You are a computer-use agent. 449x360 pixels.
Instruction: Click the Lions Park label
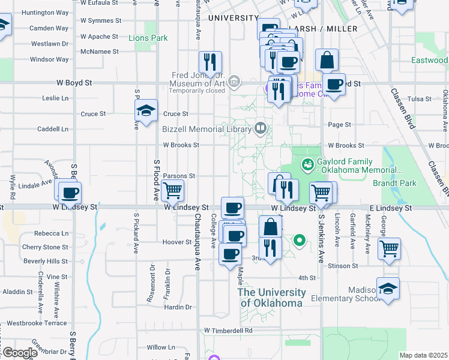(148, 38)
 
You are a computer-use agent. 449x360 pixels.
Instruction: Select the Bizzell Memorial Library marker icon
(261, 128)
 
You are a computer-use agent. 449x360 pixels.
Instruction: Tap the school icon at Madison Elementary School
(388, 289)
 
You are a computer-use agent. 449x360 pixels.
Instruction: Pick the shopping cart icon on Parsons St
(172, 191)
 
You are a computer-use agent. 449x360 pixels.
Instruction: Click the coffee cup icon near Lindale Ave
(70, 193)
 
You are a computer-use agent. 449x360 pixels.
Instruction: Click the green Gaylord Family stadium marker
(307, 163)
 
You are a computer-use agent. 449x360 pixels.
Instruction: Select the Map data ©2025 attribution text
(423, 355)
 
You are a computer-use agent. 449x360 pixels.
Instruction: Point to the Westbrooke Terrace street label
(37, 323)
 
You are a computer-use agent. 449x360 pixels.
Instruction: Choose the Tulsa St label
(420, 99)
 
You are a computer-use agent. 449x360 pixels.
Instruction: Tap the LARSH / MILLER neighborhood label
(322, 29)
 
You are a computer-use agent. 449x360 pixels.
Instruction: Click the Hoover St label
(176, 242)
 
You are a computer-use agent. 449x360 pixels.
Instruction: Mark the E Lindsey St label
(390, 208)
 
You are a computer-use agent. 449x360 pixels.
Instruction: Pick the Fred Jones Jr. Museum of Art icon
(234, 80)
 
